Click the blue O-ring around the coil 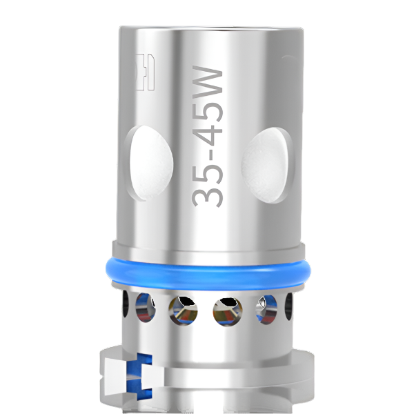207,270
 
